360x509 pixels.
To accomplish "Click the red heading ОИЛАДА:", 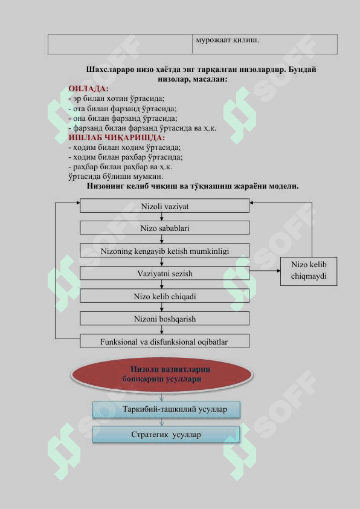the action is click(88, 89).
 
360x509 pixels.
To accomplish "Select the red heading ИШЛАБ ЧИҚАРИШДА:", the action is click(117, 138).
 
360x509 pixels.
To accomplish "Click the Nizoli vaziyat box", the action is click(164, 206).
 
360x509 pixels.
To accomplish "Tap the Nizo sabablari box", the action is click(164, 228).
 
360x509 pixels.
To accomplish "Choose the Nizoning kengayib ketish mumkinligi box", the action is click(164, 251).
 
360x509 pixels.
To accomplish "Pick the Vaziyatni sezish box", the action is click(164, 273).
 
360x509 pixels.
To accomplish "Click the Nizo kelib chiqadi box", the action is click(164, 296).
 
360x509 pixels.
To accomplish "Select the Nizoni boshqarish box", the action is click(164, 319).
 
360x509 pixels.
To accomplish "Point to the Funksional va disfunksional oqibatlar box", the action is click(164, 342).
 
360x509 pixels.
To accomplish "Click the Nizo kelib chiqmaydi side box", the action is click(309, 271).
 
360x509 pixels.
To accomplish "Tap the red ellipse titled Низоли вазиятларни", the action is click(161, 374).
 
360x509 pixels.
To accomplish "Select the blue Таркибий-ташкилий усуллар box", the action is click(166, 409).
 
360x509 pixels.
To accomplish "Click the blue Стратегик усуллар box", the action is click(166, 434).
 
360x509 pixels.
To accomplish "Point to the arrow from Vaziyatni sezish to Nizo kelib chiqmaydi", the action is click(265, 271).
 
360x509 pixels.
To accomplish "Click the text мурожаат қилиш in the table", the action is click(227, 41).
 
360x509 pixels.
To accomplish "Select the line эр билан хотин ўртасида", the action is click(117, 99).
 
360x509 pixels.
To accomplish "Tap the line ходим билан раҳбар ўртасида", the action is click(126, 157).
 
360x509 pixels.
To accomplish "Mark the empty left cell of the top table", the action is click(120, 44).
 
